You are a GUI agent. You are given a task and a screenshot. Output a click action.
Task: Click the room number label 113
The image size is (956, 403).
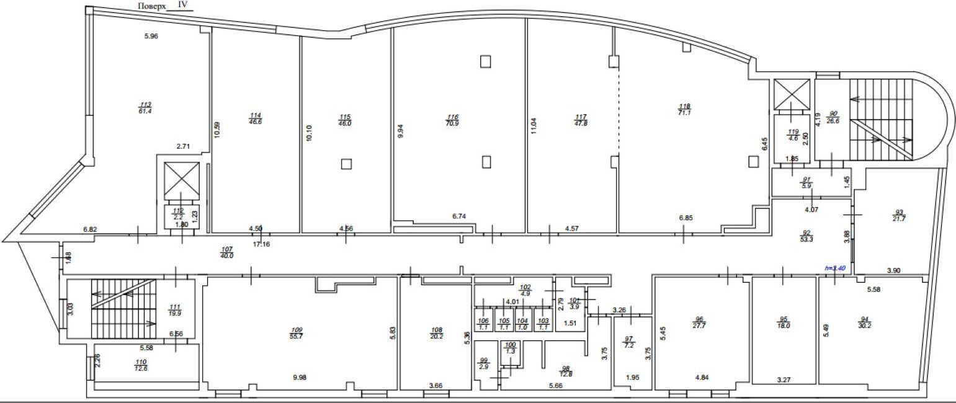[x=146, y=104]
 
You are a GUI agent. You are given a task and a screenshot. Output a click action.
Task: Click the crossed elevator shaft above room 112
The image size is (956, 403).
[x=181, y=181]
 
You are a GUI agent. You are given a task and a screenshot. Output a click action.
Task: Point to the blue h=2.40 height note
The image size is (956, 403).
[x=835, y=268]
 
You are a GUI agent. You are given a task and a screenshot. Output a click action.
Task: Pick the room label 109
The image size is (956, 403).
[x=295, y=329]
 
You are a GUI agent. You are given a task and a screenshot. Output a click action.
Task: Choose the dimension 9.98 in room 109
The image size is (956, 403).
[x=299, y=378]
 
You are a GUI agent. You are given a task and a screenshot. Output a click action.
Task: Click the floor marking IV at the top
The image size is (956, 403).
[x=182, y=4]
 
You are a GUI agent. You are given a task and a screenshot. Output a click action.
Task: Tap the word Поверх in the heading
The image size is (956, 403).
[x=153, y=5]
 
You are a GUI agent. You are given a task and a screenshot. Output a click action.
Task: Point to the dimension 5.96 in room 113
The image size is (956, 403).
[x=151, y=36]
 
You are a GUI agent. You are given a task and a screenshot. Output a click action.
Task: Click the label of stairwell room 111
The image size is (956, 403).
[x=174, y=307]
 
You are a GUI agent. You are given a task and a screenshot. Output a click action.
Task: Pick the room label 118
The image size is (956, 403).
[x=685, y=106]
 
